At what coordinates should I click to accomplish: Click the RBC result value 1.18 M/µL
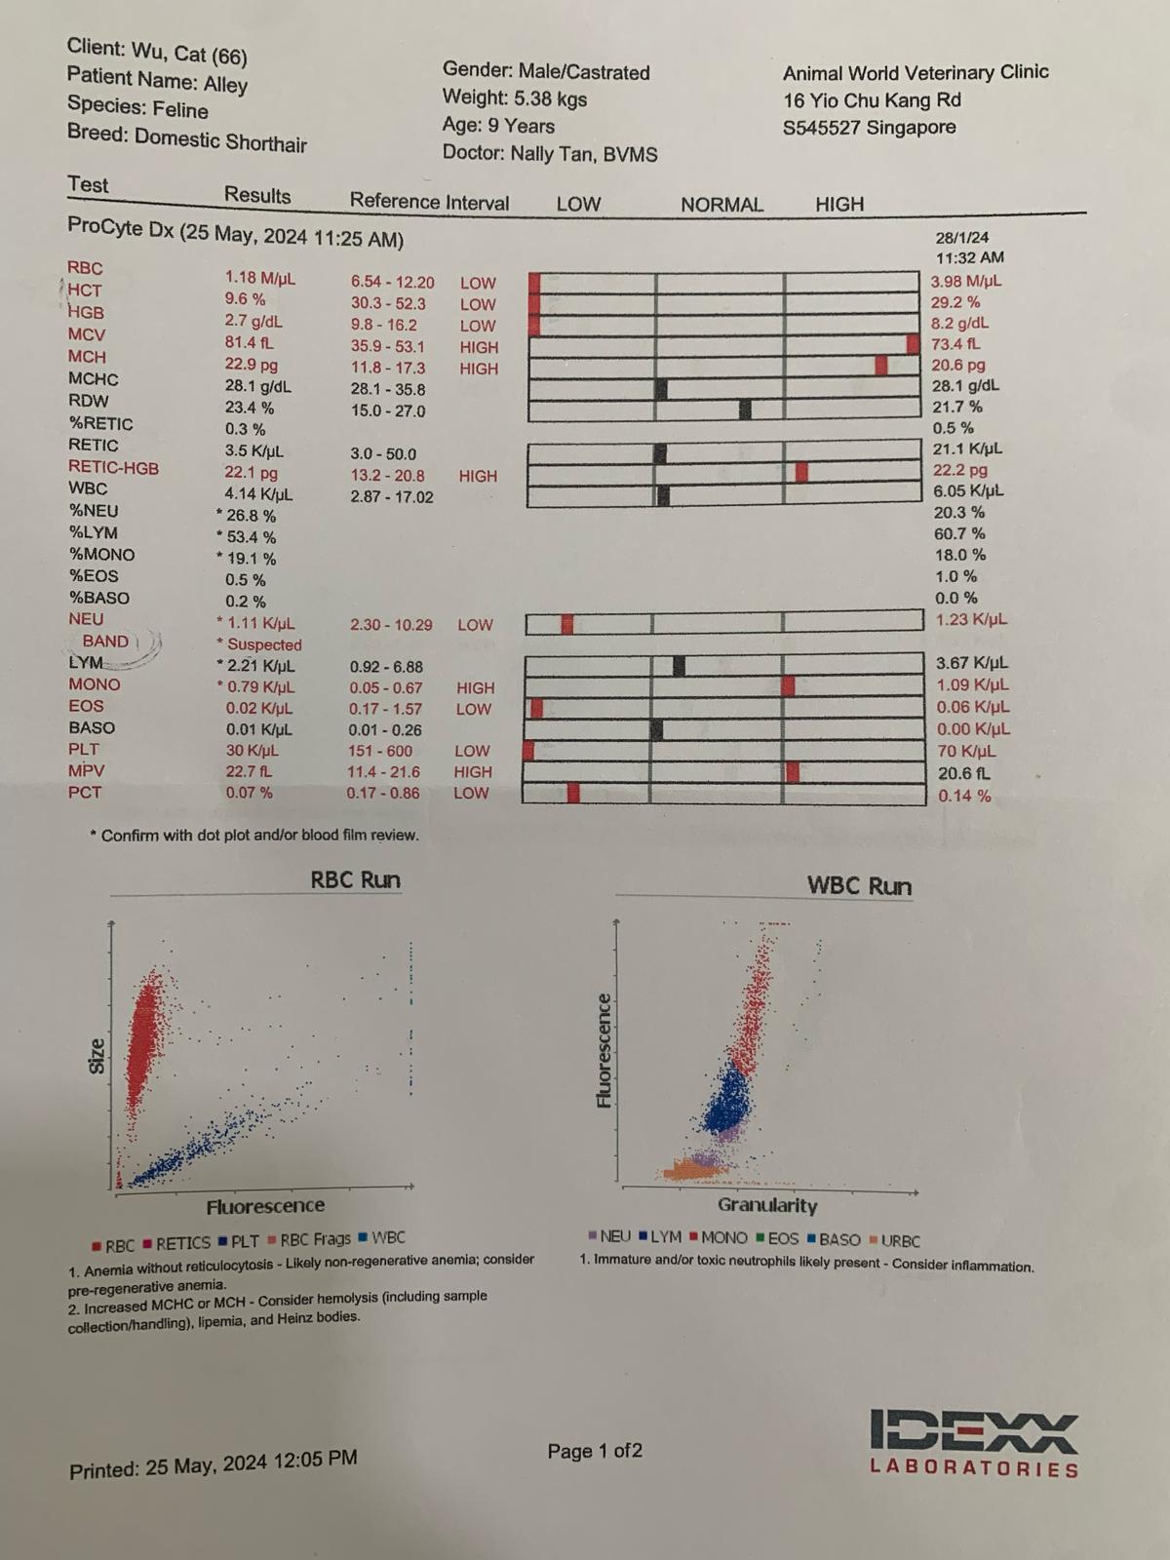259,279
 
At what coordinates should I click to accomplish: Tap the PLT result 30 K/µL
252,751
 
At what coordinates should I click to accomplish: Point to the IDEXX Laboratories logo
974,1443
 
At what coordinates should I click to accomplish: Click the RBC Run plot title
355,879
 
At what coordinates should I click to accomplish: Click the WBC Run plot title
859,886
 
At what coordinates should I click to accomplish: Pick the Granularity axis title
767,1205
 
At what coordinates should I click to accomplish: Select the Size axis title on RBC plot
97,1056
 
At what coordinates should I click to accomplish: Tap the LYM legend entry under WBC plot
660,1237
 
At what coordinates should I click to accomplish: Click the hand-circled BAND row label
105,642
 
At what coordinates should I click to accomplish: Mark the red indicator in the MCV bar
913,343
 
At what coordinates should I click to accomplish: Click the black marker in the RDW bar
745,409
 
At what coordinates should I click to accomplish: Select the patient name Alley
225,85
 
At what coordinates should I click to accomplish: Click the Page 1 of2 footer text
595,1451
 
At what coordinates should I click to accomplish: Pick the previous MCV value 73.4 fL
955,344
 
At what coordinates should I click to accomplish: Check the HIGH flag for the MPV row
473,772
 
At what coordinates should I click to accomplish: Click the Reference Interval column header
429,202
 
